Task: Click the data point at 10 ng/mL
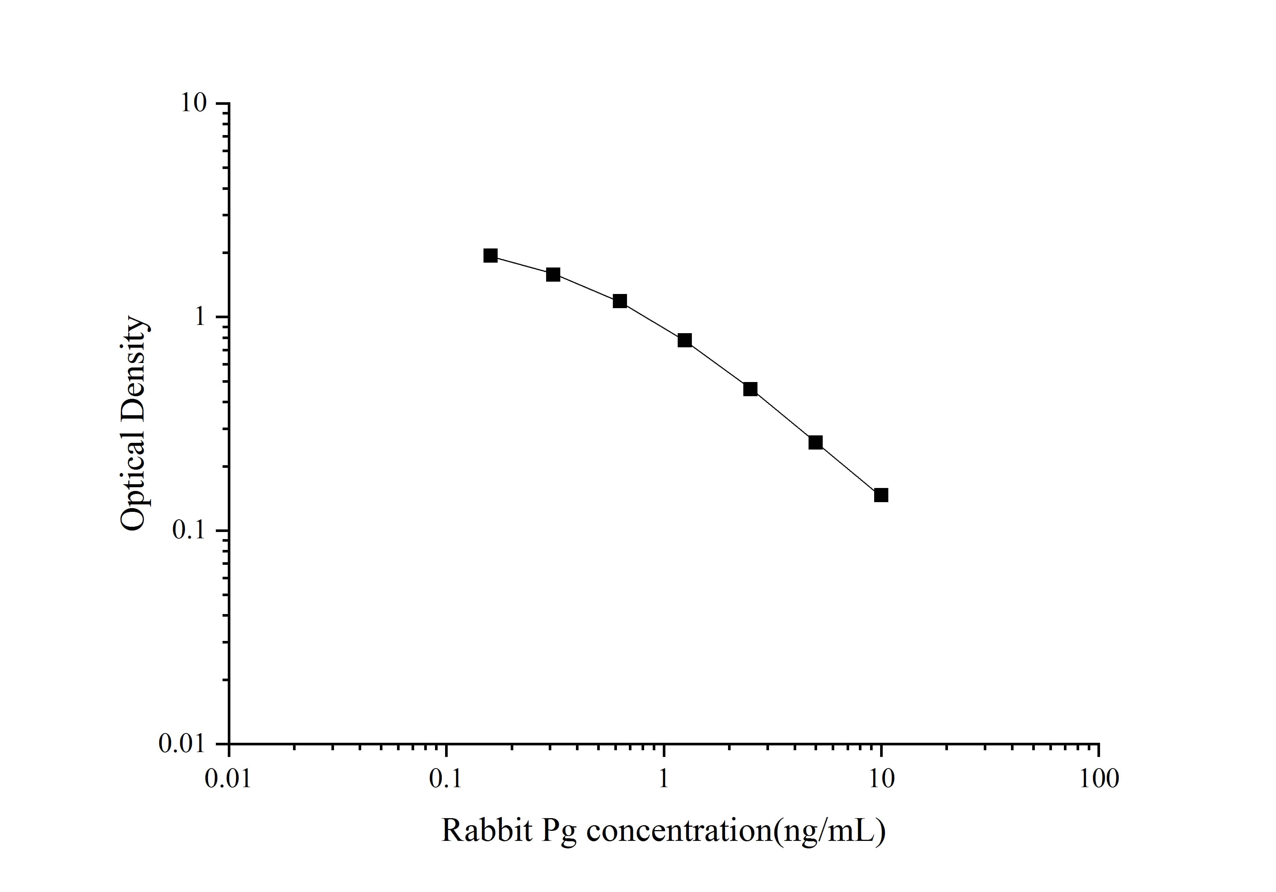tap(881, 495)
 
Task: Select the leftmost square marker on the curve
tap(490, 255)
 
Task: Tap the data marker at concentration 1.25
tap(685, 340)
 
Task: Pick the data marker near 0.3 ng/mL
tap(553, 275)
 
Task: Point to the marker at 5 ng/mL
tap(815, 443)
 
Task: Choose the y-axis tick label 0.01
tap(182, 744)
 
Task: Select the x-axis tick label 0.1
tap(446, 779)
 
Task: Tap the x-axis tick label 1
tap(664, 779)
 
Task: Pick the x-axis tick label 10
tap(881, 779)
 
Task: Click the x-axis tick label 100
tap(1099, 779)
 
